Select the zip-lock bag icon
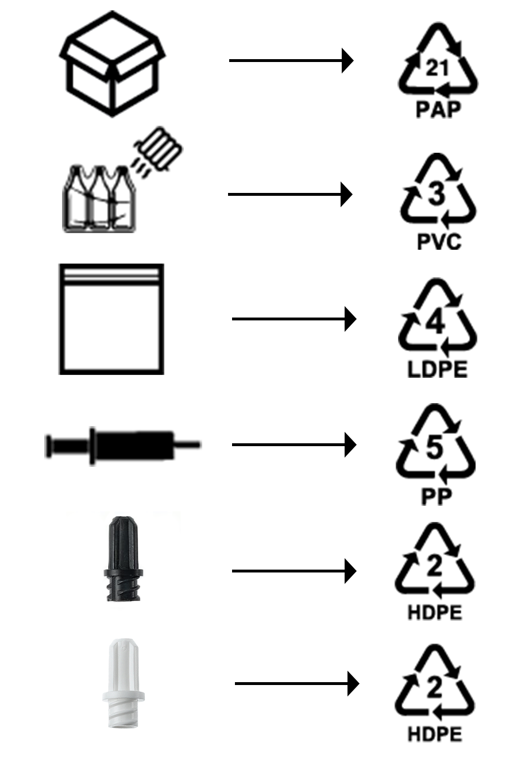pyautogui.click(x=111, y=319)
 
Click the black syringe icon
pyautogui.click(x=123, y=445)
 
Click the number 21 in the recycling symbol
pyautogui.click(x=438, y=68)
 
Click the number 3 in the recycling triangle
pyautogui.click(x=438, y=194)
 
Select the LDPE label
pyautogui.click(x=438, y=369)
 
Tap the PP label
pyautogui.click(x=437, y=497)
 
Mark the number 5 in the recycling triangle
pyautogui.click(x=435, y=448)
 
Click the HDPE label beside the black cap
pyautogui.click(x=435, y=613)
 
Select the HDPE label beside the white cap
pyautogui.click(x=435, y=734)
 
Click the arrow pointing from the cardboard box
pyautogui.click(x=291, y=60)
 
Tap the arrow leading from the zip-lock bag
pyautogui.click(x=294, y=319)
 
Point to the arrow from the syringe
pyautogui.click(x=294, y=445)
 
